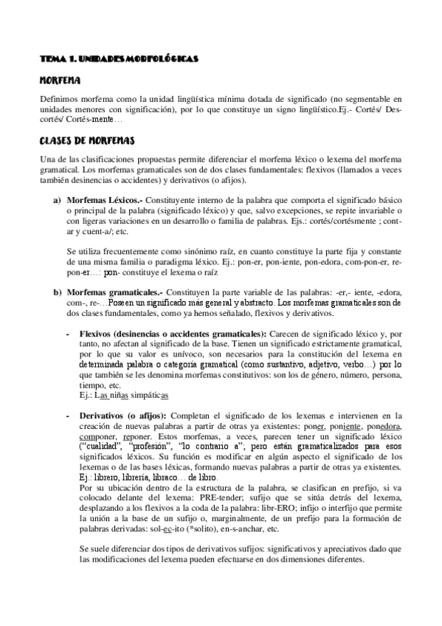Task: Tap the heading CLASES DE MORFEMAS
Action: [x=86, y=140]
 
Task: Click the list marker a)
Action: [x=56, y=200]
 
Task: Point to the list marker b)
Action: [x=56, y=293]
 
